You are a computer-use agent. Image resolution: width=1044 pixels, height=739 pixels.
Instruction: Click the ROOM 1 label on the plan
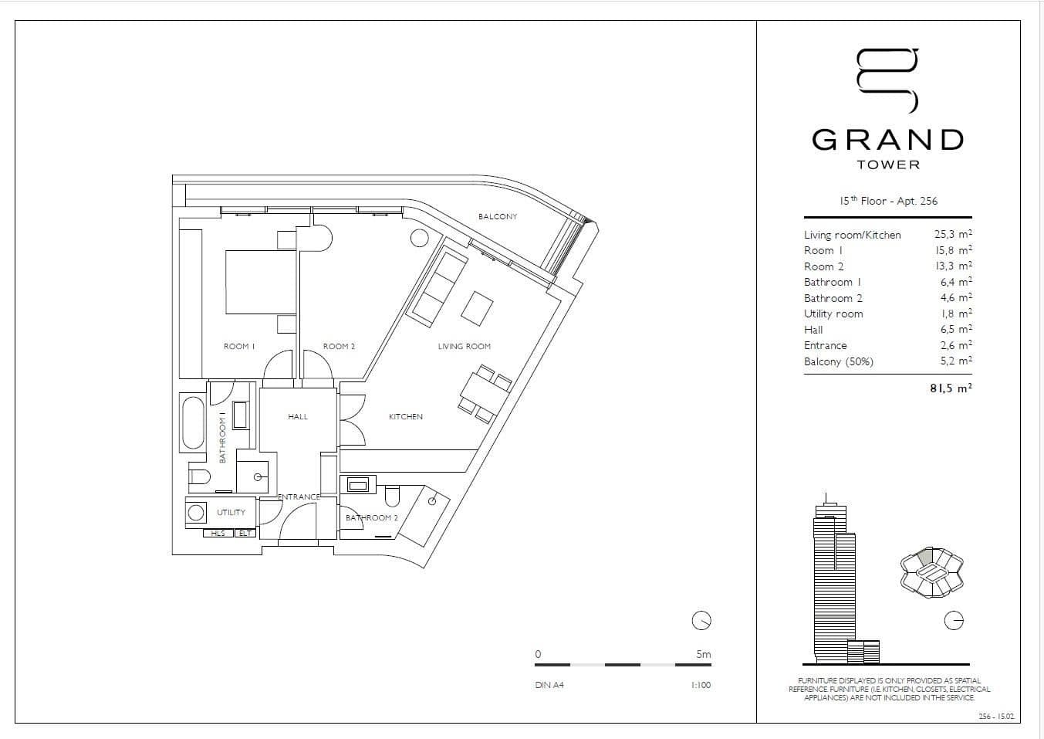tap(239, 346)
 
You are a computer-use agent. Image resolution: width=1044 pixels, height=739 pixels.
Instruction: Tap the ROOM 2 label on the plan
tap(339, 346)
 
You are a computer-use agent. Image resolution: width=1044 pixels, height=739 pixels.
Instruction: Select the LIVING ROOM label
tap(464, 346)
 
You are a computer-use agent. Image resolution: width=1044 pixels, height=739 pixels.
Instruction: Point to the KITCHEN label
tap(405, 416)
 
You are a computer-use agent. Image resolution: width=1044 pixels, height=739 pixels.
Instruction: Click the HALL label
tap(298, 416)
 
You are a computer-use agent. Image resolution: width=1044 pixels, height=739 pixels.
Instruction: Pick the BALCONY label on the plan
tap(498, 216)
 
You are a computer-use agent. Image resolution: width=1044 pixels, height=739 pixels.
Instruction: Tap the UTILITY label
tap(231, 512)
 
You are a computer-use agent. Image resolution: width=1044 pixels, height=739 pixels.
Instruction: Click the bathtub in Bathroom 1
tap(193, 422)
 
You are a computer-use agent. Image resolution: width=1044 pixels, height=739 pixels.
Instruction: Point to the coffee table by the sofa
tap(477, 308)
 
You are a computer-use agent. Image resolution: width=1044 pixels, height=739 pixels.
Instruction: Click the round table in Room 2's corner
tap(419, 238)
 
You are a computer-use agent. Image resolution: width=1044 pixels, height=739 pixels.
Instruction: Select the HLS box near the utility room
tap(218, 533)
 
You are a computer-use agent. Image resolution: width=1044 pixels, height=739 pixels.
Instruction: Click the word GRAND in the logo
tap(888, 140)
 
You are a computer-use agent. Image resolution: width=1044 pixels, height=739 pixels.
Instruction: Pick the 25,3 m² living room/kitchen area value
tap(953, 234)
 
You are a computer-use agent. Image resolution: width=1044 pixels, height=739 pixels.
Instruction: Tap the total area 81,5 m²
tap(951, 388)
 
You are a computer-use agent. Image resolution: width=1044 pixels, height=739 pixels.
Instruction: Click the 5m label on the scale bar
tap(703, 654)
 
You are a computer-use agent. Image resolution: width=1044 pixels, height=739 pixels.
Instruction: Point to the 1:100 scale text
tap(701, 685)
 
